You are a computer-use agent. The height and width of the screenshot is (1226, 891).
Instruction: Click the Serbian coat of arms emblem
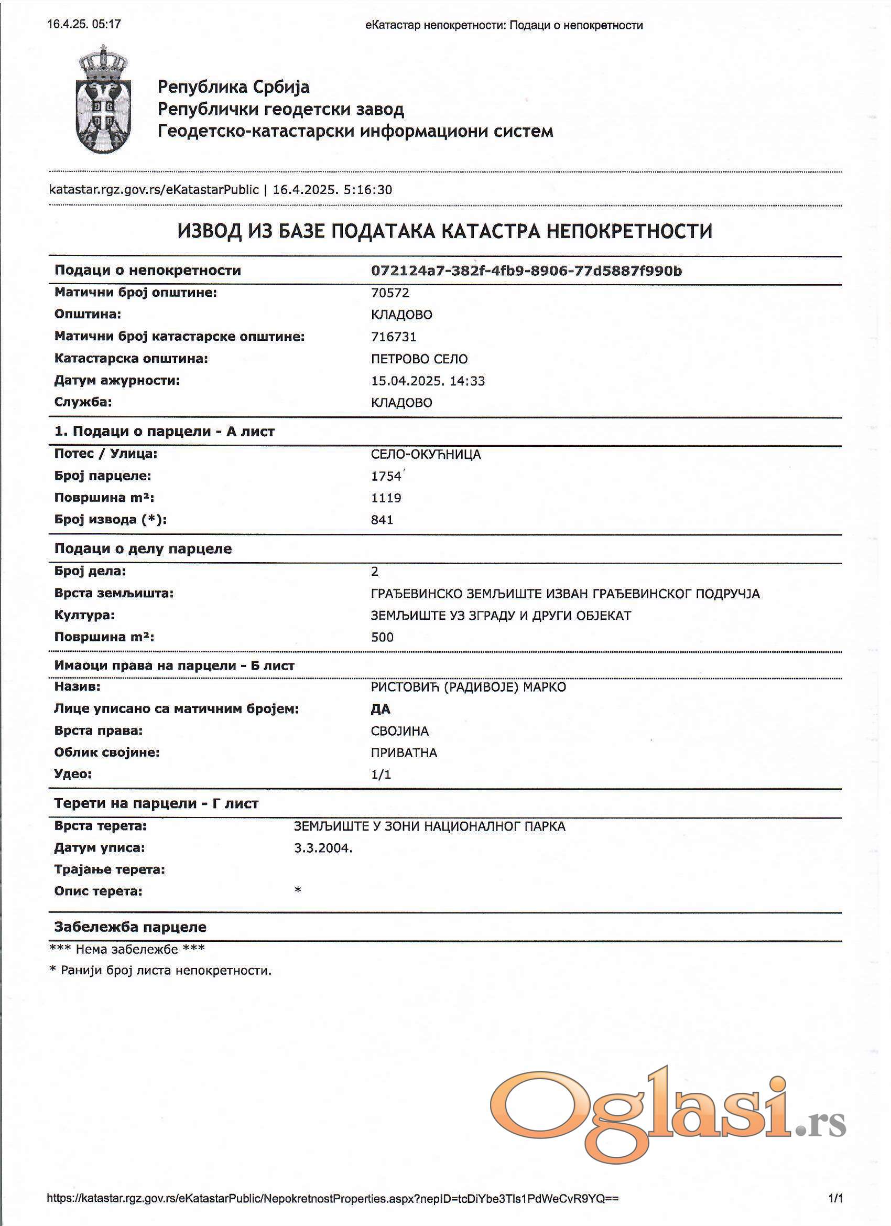[x=103, y=100]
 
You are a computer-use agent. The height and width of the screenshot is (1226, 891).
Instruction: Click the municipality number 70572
[x=389, y=293]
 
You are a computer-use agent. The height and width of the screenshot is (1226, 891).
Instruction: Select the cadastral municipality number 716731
[x=394, y=337]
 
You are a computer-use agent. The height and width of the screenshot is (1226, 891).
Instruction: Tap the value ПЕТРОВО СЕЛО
[x=419, y=359]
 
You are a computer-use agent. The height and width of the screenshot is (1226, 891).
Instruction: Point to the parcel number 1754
[x=386, y=476]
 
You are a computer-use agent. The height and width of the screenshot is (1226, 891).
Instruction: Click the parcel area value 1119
[x=386, y=498]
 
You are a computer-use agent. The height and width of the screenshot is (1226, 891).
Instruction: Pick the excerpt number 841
[x=382, y=520]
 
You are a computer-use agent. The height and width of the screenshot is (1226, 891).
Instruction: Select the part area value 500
[x=382, y=637]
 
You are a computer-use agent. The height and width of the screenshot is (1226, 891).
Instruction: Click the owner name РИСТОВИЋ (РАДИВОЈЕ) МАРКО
[x=468, y=687]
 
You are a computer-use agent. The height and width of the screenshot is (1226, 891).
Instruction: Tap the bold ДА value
[x=381, y=709]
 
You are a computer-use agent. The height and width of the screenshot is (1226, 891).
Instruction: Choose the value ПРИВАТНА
[x=404, y=753]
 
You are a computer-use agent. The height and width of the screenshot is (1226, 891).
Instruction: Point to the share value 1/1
[x=381, y=775]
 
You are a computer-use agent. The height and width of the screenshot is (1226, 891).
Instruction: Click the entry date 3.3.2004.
[x=323, y=848]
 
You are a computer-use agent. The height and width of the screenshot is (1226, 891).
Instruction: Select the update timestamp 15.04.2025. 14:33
[x=427, y=381]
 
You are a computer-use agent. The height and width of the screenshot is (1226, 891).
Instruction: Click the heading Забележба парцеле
[x=130, y=927]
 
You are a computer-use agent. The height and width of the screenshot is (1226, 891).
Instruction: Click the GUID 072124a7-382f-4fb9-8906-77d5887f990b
[x=526, y=271]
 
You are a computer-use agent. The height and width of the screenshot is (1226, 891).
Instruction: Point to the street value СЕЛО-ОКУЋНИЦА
[x=425, y=455]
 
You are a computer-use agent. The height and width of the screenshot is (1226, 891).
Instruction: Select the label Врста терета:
[x=100, y=826]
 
